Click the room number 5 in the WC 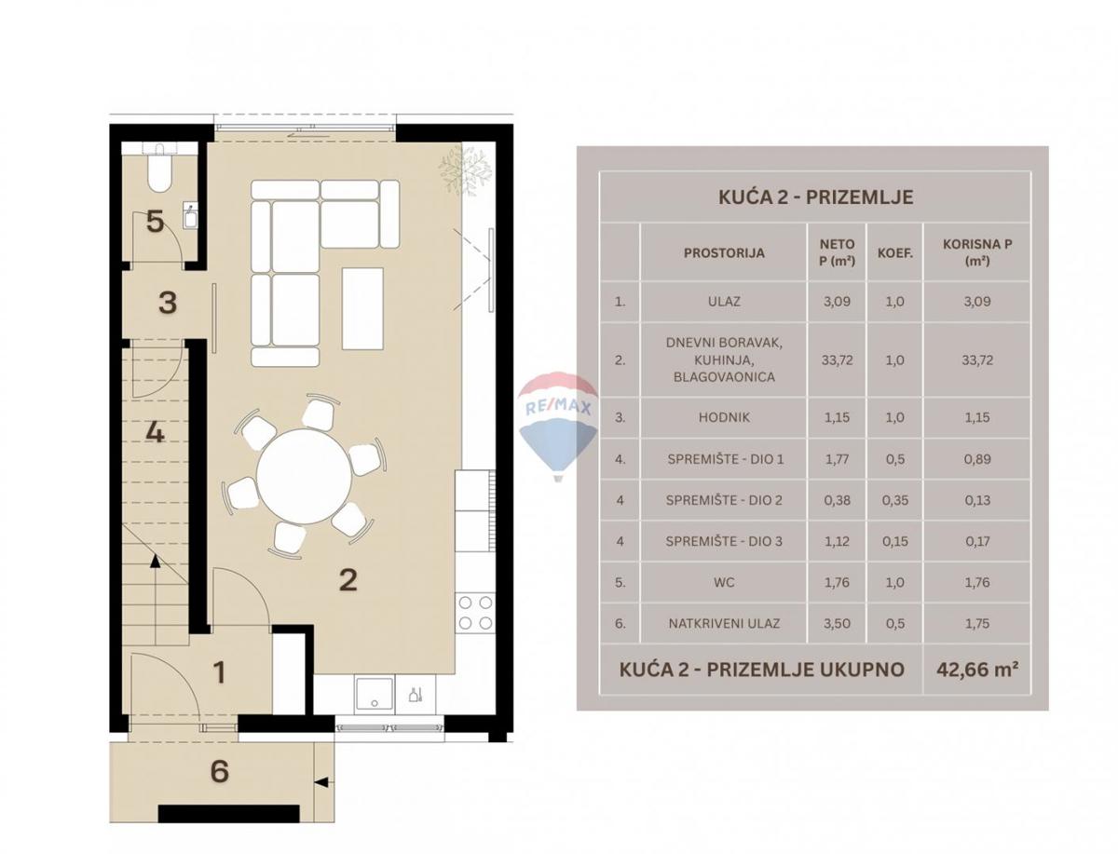tap(156, 222)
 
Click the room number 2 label tap(348, 579)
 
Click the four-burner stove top tap(475, 613)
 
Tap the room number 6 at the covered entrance tap(220, 771)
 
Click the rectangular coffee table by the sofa tap(362, 308)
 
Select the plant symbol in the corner tap(465, 169)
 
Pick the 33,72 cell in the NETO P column tap(835, 359)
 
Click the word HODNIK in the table tap(723, 418)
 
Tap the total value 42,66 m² tap(977, 669)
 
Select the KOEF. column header tap(894, 252)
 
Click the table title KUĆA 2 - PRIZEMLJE tap(815, 197)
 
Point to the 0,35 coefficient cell tap(894, 500)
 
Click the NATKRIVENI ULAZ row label tap(724, 623)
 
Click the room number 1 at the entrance tap(220, 671)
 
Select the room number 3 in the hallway tap(168, 303)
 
